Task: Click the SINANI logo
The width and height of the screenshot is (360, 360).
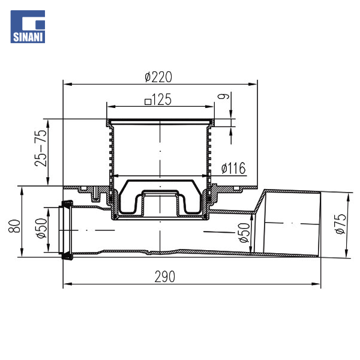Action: [28, 26]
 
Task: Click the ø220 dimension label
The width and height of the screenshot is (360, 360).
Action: [158, 77]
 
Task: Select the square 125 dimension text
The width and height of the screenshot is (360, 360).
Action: [158, 100]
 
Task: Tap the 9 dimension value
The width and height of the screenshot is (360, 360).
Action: [223, 96]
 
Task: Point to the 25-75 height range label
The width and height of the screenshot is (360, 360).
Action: [41, 148]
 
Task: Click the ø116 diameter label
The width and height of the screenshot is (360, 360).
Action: [233, 168]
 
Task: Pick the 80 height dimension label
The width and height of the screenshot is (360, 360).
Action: [14, 226]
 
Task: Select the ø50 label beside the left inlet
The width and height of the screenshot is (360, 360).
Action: [41, 228]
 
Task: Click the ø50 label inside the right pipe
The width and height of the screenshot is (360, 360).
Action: [244, 233]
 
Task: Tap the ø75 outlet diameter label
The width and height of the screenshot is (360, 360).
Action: [340, 224]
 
